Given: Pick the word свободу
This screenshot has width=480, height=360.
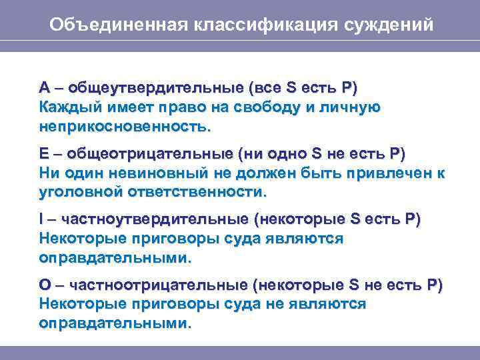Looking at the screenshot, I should click(295, 107).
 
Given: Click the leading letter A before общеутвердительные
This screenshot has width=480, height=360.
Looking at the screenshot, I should click(44, 87).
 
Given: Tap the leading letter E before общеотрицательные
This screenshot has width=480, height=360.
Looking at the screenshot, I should click(43, 154).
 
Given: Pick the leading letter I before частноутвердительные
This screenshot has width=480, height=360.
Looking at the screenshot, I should click(41, 219).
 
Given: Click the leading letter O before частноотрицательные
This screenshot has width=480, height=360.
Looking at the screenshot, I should click(45, 285).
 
